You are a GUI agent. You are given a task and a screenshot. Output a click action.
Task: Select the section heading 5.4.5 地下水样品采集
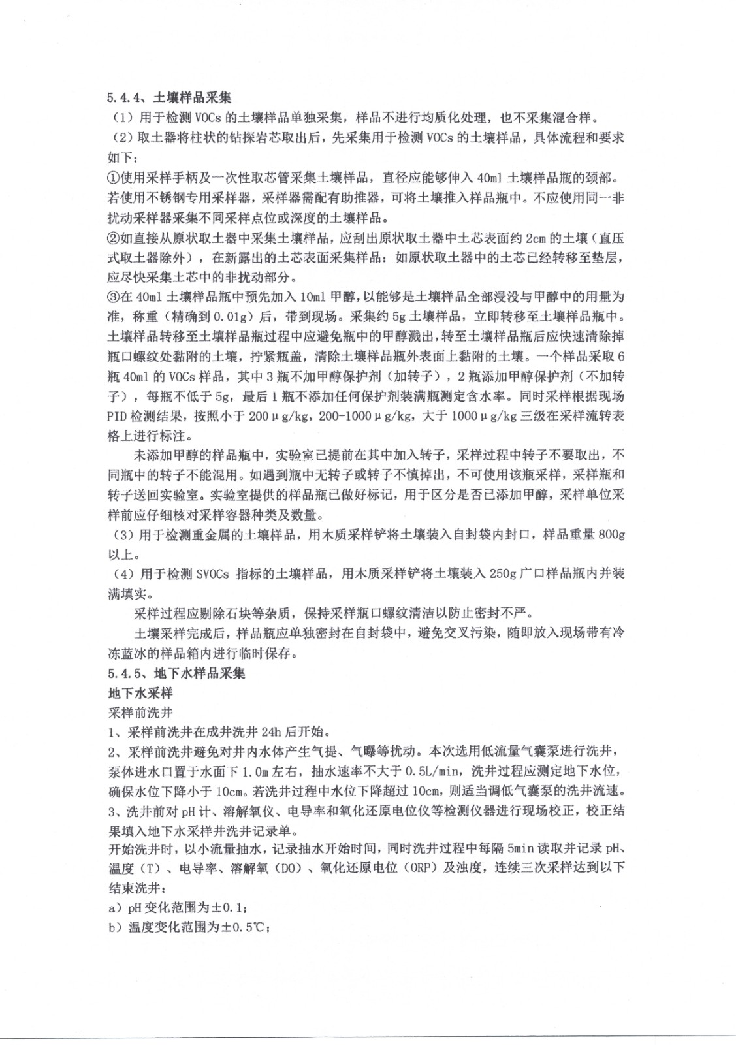[176, 673]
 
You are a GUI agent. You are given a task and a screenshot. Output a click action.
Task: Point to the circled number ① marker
[114, 177]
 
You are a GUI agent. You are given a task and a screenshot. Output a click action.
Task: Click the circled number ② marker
[114, 237]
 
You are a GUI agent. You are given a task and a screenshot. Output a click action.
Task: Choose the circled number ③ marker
[114, 297]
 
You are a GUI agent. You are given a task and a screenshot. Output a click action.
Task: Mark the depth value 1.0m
[257, 771]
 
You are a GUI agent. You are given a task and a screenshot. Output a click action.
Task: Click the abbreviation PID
[118, 416]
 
